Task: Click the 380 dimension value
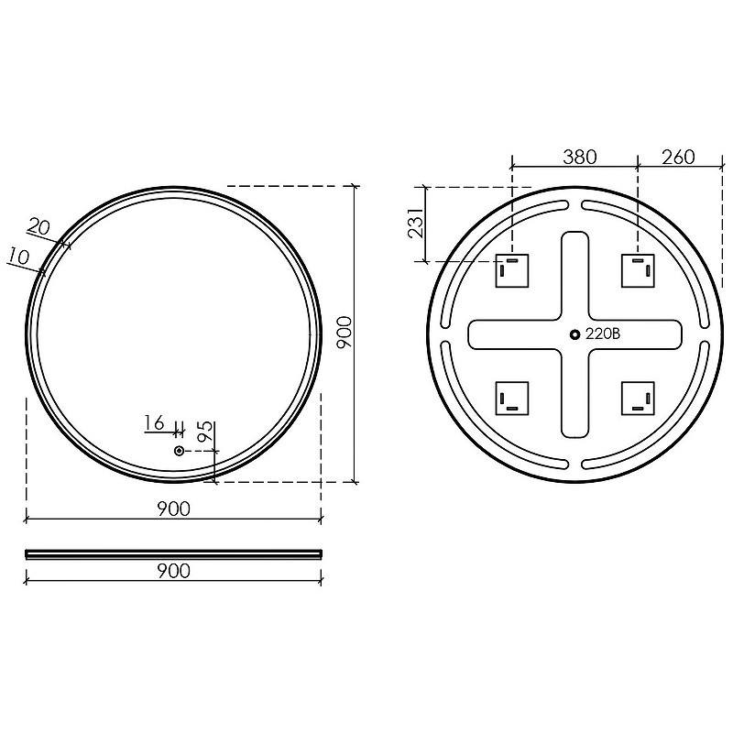[580, 157]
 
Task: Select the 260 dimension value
[678, 157]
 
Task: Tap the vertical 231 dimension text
[416, 223]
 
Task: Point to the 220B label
[603, 334]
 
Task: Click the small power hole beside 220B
[575, 334]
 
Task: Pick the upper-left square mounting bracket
[512, 270]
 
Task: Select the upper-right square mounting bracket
[638, 270]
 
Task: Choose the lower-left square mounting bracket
[512, 399]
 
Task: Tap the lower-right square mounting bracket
[638, 399]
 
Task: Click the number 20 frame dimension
[38, 227]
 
